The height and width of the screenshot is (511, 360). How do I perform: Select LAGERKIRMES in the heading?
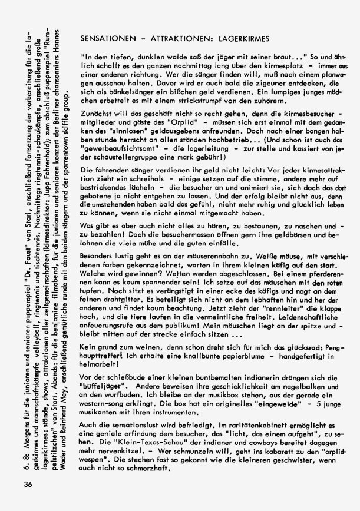(243, 38)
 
